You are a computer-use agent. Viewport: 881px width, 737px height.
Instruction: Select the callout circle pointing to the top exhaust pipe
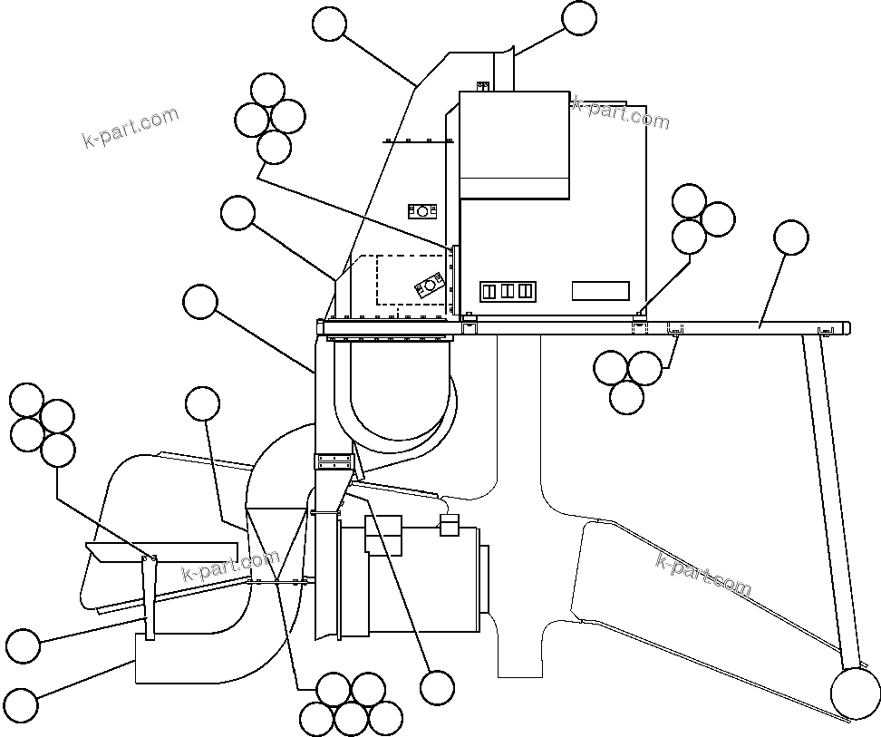point(579,18)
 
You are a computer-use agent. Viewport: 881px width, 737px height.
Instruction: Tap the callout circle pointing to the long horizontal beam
point(791,238)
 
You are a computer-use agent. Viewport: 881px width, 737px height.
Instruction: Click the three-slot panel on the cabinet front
point(508,291)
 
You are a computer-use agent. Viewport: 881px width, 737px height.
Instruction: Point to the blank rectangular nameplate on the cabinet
point(600,291)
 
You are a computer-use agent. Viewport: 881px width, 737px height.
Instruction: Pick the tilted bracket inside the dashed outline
point(426,286)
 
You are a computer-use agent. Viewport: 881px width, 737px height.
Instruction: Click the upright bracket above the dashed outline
point(422,211)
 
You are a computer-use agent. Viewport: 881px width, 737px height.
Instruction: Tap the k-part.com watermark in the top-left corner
point(130,129)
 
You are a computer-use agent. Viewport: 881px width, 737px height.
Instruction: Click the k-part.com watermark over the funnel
point(230,567)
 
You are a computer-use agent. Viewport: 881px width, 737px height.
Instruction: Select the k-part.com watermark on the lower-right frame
point(703,574)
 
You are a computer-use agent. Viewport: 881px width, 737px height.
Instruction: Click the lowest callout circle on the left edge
point(22,705)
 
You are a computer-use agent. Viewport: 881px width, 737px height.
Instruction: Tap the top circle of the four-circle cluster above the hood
point(267,90)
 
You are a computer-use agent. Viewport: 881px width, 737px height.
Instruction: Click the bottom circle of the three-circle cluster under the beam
point(627,397)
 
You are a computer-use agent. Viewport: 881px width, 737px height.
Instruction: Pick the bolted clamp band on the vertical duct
point(334,461)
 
